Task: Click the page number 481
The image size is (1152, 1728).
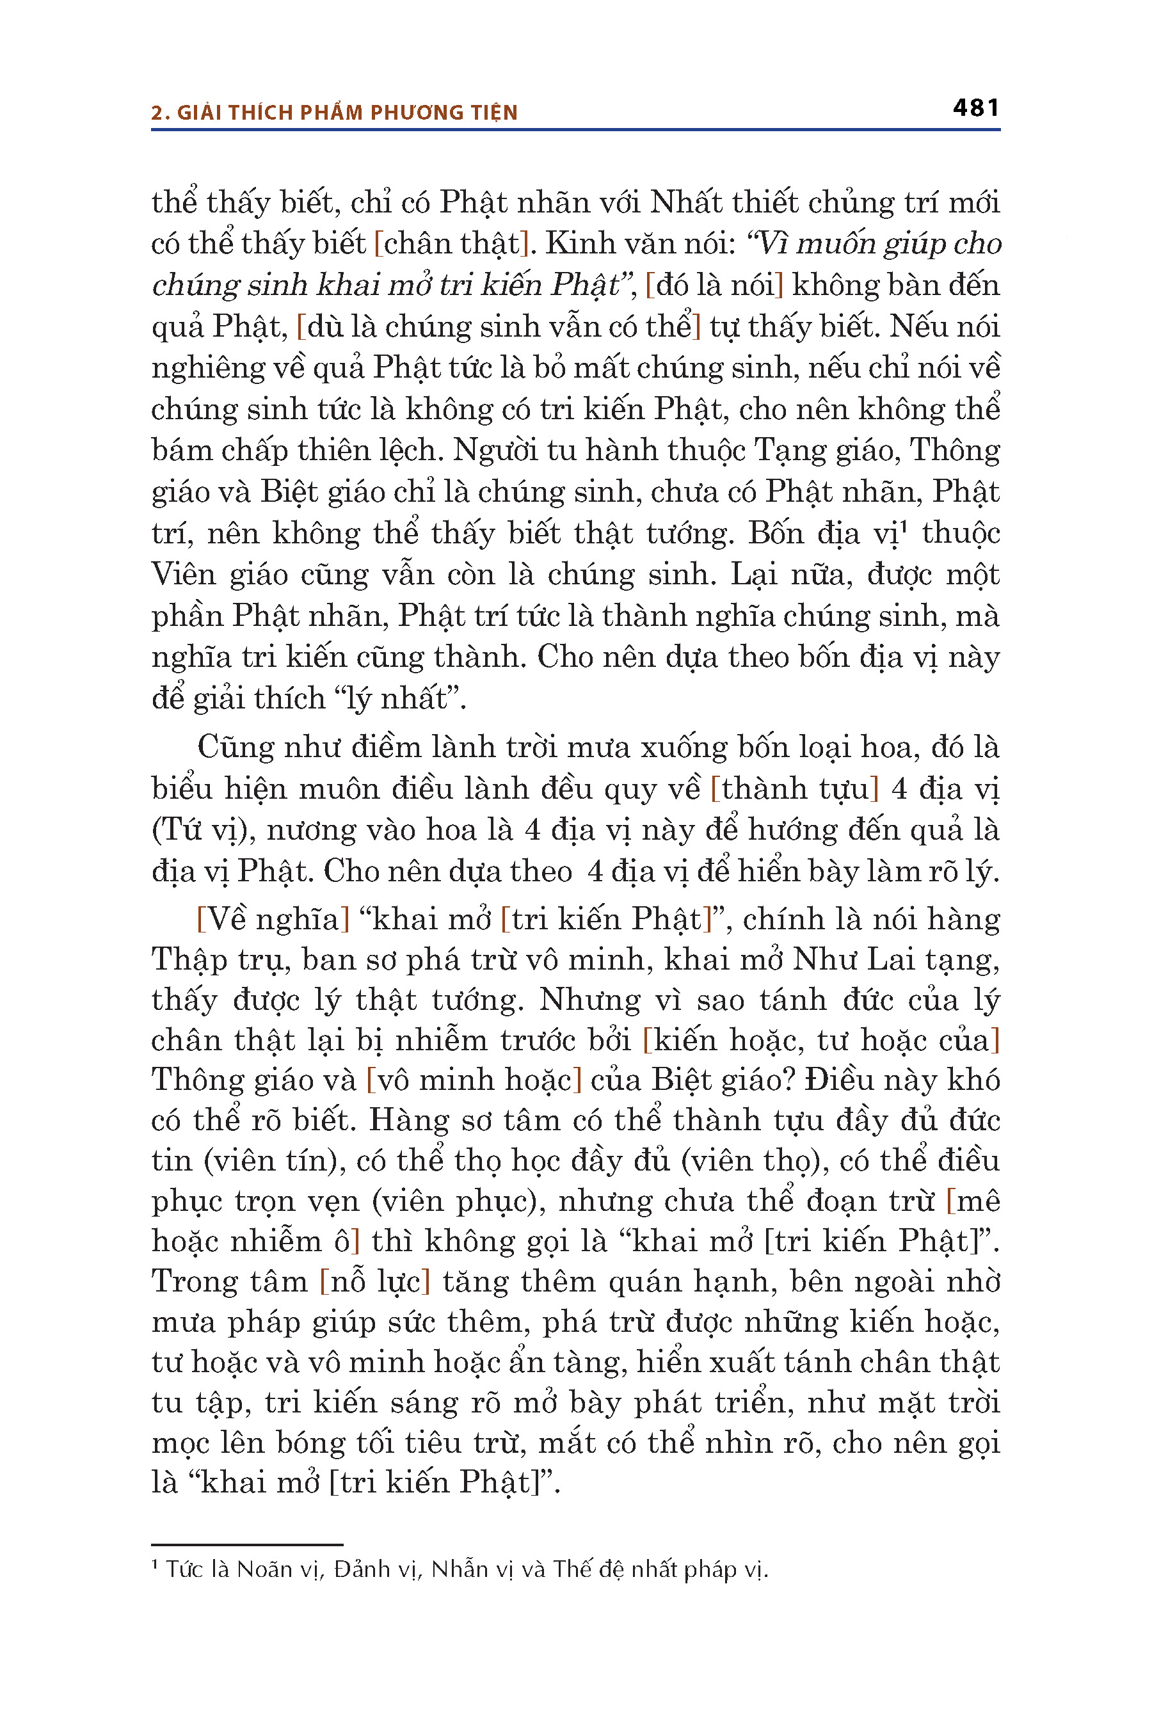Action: (975, 108)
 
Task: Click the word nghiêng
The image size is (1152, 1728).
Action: (208, 368)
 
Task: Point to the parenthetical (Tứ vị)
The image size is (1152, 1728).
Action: (204, 831)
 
